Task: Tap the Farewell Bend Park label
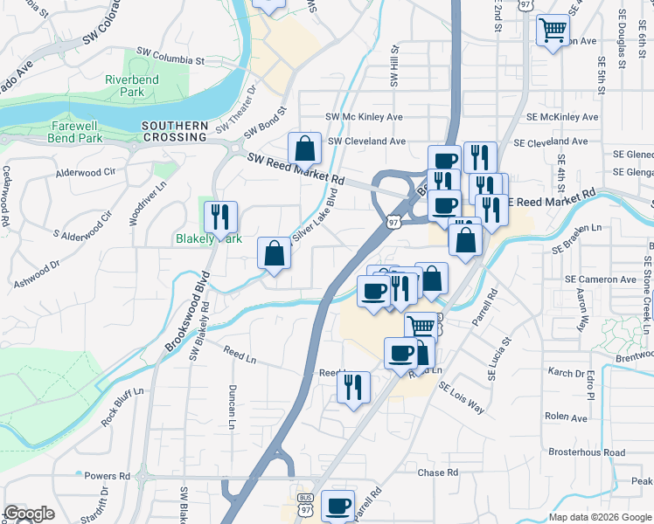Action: click(x=52, y=132)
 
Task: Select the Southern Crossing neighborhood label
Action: click(x=175, y=132)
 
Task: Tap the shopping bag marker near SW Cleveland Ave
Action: click(x=303, y=148)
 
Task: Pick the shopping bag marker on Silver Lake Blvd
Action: click(x=275, y=254)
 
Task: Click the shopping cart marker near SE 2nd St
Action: click(x=553, y=31)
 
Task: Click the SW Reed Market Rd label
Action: click(x=296, y=170)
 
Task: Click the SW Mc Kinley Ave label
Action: click(x=364, y=117)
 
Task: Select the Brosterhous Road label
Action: click(x=587, y=452)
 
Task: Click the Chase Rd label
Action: click(x=438, y=473)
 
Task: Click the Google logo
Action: click(x=29, y=514)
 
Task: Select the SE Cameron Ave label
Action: click(x=600, y=279)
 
